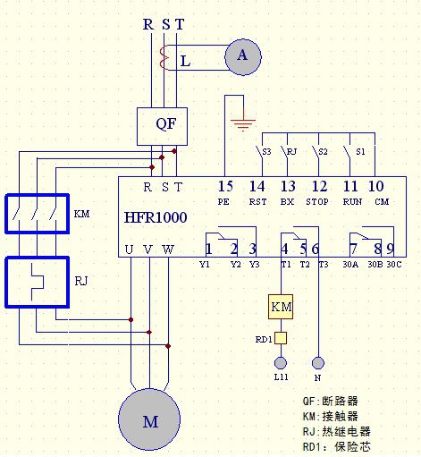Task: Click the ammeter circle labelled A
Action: point(243,57)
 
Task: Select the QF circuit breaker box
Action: point(162,126)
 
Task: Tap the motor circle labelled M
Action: point(149,419)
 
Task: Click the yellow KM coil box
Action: point(281,307)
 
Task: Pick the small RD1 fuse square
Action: point(281,338)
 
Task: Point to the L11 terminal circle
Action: point(281,363)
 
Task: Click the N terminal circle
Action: point(318,363)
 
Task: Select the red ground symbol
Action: point(243,123)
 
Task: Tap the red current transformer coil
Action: point(164,58)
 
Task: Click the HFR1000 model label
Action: point(156,217)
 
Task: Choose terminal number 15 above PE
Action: point(225,186)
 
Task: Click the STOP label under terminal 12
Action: point(317,202)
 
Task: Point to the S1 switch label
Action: point(360,152)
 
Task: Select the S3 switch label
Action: point(266,152)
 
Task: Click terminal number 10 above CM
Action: point(376,186)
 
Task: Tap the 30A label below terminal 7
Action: point(350,265)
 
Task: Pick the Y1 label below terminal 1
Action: point(205,265)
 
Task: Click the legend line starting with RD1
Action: point(337,447)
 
